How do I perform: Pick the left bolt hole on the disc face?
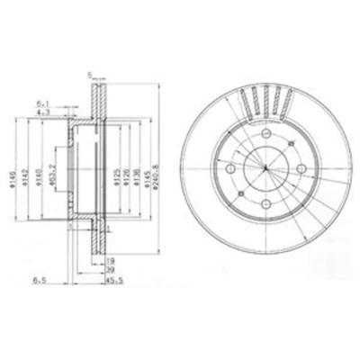[x=230, y=170]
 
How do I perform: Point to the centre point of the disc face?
[x=264, y=170]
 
